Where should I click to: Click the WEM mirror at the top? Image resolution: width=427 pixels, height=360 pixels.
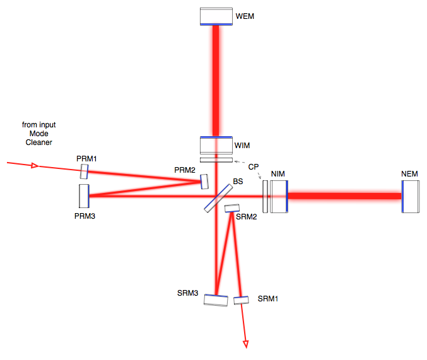(x=216, y=16)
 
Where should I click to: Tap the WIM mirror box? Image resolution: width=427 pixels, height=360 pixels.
(x=216, y=145)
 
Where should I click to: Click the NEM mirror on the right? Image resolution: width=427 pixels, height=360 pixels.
(x=410, y=197)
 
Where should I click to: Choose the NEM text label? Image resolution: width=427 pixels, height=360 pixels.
(x=410, y=173)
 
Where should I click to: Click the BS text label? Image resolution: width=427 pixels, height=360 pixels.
(x=238, y=182)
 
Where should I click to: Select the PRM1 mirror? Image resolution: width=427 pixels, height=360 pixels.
(x=84, y=171)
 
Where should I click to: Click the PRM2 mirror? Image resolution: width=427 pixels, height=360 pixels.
(x=204, y=182)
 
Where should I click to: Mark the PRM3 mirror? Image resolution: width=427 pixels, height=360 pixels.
(x=84, y=196)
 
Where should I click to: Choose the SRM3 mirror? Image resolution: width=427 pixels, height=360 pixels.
(x=216, y=300)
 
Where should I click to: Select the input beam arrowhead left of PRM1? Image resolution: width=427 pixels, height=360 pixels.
(x=35, y=166)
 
